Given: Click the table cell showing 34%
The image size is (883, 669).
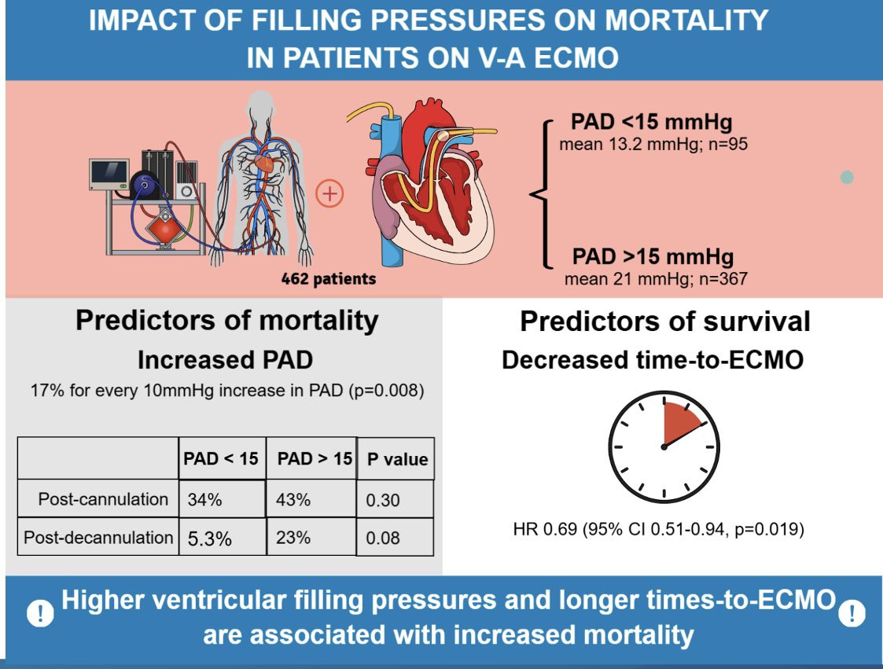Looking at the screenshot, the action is [222, 499].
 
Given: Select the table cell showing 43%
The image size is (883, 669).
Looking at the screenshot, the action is [311, 499].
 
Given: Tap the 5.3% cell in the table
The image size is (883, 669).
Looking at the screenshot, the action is [223, 537].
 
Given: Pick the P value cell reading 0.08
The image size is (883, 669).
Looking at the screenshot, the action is [396, 537].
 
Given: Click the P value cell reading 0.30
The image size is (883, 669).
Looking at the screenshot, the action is [396, 499].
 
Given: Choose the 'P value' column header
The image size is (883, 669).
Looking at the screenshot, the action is [396, 459].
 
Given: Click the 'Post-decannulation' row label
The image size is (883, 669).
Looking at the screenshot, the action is [98, 537].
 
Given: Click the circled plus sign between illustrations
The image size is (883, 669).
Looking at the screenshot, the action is [329, 193].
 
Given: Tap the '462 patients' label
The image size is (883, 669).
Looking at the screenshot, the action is [329, 279].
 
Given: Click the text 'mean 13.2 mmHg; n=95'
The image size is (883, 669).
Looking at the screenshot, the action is [653, 144].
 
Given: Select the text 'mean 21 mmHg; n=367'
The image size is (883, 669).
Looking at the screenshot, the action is [656, 279].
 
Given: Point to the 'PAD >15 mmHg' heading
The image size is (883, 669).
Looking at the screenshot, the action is [653, 256].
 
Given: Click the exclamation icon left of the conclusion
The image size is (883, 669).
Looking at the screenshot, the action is [41, 612].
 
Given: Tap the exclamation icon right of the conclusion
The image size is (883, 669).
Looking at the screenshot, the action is [852, 612].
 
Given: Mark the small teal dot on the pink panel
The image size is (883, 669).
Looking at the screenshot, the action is [846, 178].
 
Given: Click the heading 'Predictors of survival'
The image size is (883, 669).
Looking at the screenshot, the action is [665, 322].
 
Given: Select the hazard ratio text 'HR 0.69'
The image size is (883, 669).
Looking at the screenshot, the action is [545, 529].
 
